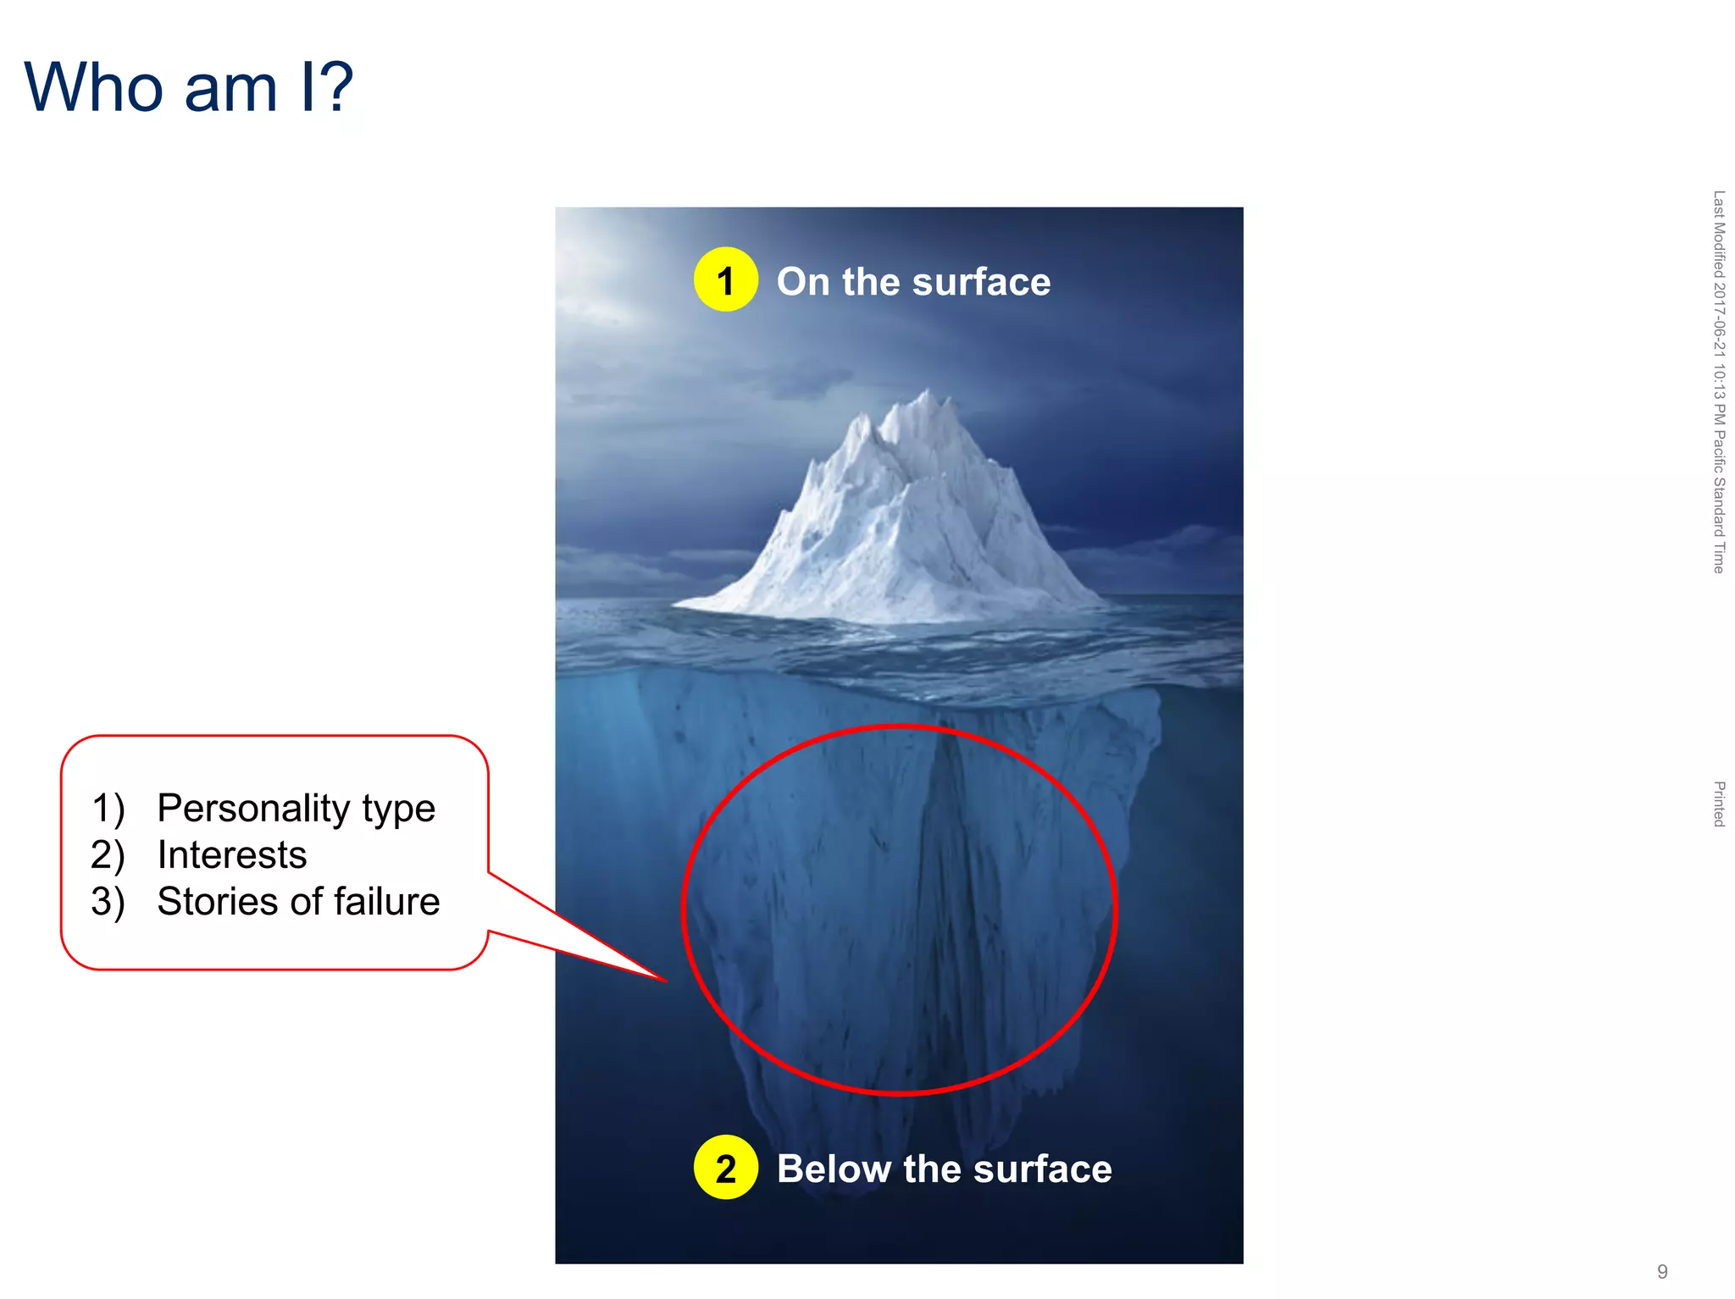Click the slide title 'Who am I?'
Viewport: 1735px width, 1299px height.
pos(188,88)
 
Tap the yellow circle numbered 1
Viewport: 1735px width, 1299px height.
pos(725,280)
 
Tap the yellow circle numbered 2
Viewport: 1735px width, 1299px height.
pos(725,1168)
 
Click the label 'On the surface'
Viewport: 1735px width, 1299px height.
pos(913,282)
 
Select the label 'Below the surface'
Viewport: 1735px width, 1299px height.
pos(944,1169)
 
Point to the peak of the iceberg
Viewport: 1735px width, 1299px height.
pos(928,392)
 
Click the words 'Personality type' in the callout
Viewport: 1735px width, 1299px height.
pos(296,809)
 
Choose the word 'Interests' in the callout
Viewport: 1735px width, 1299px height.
pos(232,855)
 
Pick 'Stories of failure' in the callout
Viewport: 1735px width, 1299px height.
pos(298,902)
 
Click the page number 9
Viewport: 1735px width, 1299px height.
pos(1662,1271)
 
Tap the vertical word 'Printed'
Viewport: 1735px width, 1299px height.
pos(1719,804)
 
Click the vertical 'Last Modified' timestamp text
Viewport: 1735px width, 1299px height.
pos(1719,381)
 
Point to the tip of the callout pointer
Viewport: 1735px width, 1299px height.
pos(666,981)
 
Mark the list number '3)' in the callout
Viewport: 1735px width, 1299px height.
pos(108,902)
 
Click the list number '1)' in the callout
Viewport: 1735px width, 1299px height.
pos(108,809)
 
